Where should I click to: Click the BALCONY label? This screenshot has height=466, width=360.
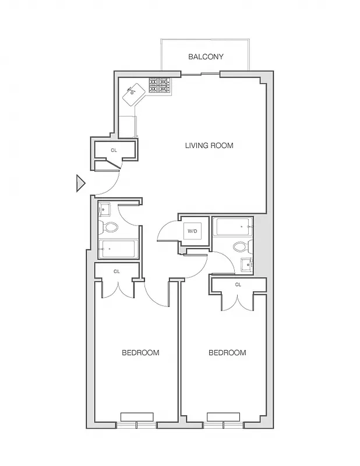pos(206,57)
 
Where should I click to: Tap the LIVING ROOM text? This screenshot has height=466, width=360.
pos(209,145)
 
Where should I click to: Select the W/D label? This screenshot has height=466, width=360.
pos(192,231)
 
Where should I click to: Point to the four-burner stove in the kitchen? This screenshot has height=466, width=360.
pos(160,86)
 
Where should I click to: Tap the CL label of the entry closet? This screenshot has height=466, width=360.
pos(114,150)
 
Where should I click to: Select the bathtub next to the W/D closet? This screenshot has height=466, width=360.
pos(232,226)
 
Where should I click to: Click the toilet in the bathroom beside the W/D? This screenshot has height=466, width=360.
pos(241,246)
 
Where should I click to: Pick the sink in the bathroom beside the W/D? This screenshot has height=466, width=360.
pos(247,265)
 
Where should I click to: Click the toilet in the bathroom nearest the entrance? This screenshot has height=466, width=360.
pos(110,227)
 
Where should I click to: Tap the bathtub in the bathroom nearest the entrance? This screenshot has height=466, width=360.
pos(118,249)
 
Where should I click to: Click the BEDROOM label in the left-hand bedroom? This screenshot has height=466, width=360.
pos(140,352)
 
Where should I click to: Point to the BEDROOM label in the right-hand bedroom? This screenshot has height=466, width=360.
pos(227,352)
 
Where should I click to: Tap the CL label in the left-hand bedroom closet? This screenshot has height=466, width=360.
pos(117,271)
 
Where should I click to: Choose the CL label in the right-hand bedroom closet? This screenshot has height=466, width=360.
pos(238,284)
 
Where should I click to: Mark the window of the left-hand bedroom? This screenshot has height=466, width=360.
pos(137,420)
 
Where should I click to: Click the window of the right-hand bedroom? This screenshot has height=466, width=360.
pos(223,420)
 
